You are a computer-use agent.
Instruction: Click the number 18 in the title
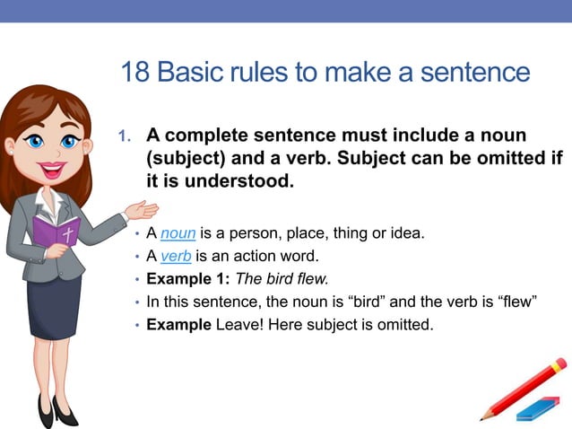(x=134, y=72)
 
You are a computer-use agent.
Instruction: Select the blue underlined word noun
(x=178, y=234)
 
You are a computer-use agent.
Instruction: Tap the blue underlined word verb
(x=177, y=257)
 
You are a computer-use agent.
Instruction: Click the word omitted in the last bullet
(x=403, y=324)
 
